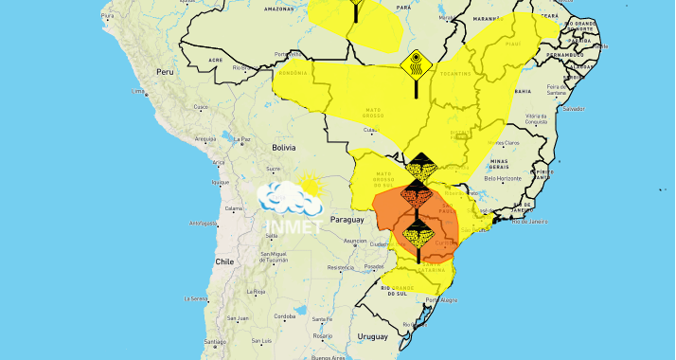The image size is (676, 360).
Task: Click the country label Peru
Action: tap(167, 72)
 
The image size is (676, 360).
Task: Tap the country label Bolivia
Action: tap(284, 148)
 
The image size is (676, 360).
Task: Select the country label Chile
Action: tap(223, 261)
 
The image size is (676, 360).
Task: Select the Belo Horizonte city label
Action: tap(503, 178)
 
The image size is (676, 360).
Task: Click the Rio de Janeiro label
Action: tap(530, 221)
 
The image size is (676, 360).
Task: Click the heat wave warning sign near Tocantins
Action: tap(415, 67)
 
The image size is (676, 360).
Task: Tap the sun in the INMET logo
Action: tap(309, 186)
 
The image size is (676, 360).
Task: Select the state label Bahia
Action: tap(522, 91)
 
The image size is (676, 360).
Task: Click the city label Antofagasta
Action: tap(203, 223)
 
